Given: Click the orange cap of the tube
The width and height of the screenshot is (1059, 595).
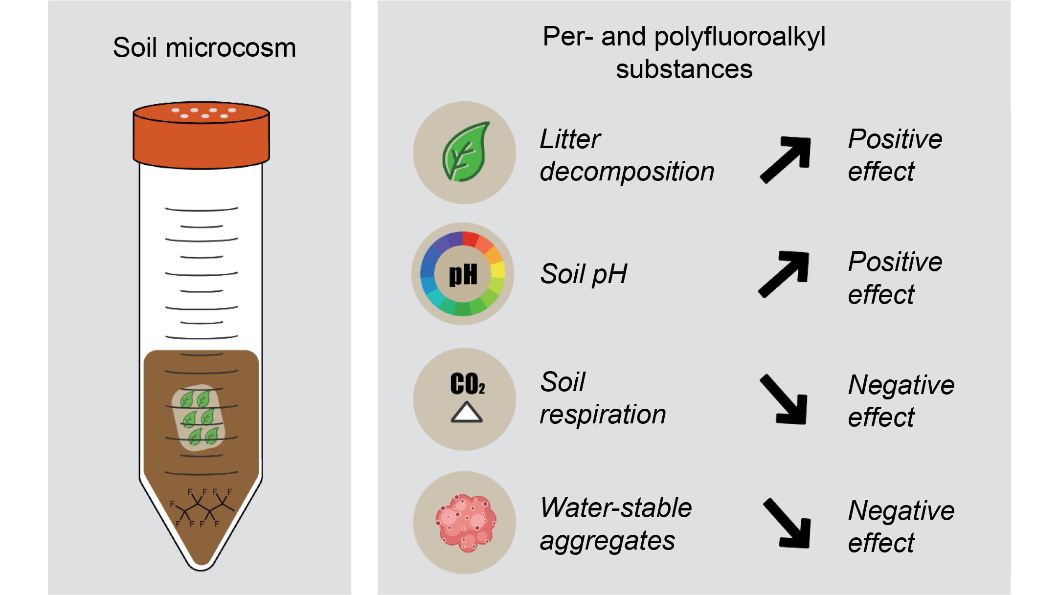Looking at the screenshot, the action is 201,135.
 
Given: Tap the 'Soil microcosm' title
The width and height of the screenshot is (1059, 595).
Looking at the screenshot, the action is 204,48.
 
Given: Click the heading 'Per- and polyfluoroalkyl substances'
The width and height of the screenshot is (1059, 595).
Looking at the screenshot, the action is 684,52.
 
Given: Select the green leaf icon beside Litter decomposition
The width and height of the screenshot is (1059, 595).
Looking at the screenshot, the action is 466,152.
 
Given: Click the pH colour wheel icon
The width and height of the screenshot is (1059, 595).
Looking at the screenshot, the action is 463,274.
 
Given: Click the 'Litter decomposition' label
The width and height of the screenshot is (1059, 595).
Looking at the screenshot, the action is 627,155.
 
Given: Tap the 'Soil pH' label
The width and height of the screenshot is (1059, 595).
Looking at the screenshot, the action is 584,274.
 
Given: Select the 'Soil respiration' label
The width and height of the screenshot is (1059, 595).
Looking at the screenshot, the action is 603,398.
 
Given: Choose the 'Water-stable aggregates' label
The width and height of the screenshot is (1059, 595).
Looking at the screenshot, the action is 616,524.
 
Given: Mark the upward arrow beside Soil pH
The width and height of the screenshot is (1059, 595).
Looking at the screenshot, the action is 784,274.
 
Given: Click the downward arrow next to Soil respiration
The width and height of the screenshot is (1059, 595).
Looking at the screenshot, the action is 784,399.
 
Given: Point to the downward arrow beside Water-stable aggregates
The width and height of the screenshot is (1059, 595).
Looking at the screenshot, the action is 787,523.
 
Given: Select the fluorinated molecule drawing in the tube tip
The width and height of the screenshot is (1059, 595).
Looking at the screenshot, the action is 201,507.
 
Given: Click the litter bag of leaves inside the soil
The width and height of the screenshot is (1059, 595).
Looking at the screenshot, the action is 199,418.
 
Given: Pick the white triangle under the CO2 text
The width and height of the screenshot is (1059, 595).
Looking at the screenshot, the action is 467,412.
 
